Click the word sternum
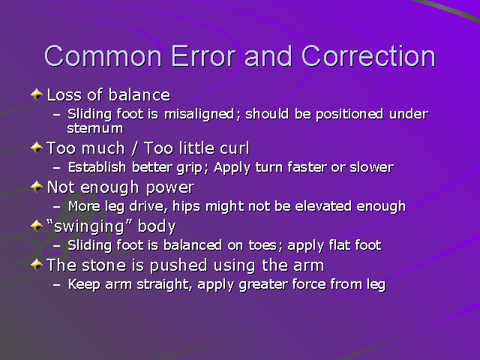click(x=95, y=127)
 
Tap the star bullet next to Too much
click(x=37, y=147)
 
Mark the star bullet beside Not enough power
click(x=37, y=186)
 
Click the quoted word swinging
click(x=82, y=226)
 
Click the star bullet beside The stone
click(x=37, y=264)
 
